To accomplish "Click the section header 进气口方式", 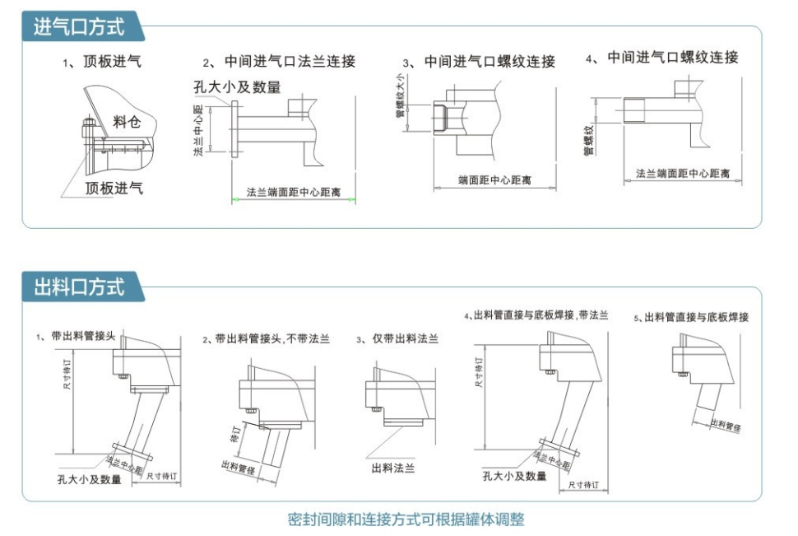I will tap(78, 26).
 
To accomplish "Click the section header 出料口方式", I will tap(78, 287).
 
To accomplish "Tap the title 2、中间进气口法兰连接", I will tap(279, 62).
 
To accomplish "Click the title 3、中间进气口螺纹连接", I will tap(479, 62).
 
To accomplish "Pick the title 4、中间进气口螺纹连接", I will tap(661, 58).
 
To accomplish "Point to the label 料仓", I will tap(127, 123).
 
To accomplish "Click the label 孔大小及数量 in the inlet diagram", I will tap(237, 86).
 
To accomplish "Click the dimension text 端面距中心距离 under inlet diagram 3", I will tap(494, 179).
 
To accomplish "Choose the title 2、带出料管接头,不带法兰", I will tap(266, 338).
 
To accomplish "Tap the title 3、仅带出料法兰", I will tap(397, 338).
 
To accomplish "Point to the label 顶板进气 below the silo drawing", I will tap(114, 189).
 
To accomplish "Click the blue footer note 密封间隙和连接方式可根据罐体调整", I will tap(406, 520).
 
